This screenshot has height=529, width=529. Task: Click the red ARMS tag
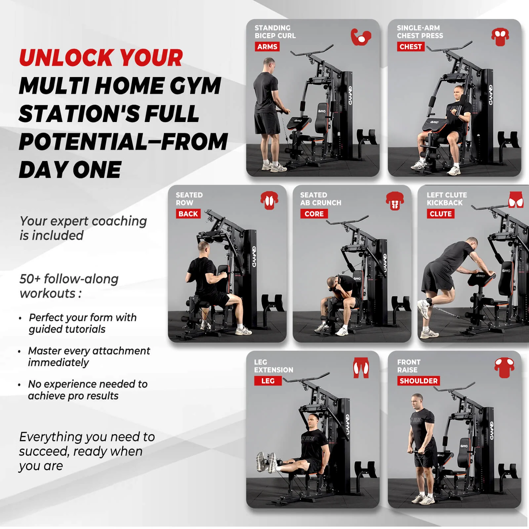point(267,47)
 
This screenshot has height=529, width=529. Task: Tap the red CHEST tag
point(410,47)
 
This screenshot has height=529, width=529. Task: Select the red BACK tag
point(188,214)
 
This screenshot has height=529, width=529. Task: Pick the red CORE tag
point(314,214)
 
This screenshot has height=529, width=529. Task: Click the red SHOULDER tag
point(418,381)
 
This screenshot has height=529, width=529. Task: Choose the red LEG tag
point(268,381)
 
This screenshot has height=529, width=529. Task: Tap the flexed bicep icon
point(361,37)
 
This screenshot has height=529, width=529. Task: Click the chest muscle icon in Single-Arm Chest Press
point(500,37)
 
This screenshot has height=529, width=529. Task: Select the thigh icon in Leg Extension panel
point(361,368)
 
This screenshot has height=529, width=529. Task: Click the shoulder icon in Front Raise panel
point(504,368)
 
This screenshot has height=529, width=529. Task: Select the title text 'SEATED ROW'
point(189,199)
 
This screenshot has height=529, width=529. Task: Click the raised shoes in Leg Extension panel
point(266,462)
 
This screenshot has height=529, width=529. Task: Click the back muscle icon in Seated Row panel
point(269,201)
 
